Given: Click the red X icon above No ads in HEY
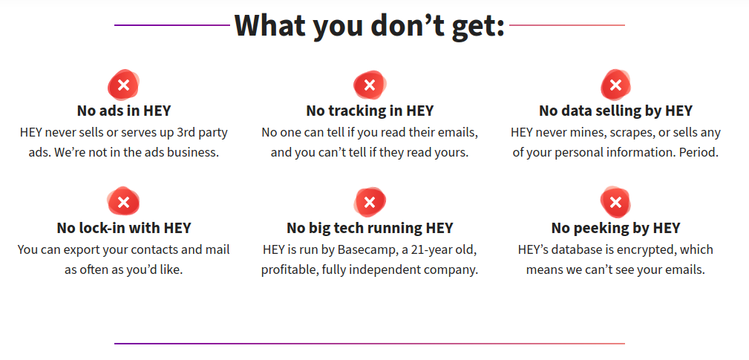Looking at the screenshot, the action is (x=124, y=85).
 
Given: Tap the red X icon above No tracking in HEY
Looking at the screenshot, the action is (x=369, y=85).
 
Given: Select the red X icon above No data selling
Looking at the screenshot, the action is (x=615, y=85).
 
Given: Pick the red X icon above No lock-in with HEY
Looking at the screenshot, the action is (x=124, y=201).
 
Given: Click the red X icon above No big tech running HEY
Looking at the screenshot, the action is (x=369, y=201).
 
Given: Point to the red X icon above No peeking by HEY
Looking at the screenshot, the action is (x=615, y=201).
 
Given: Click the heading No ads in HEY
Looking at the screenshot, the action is (x=124, y=111).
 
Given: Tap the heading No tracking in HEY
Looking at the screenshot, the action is (x=370, y=111).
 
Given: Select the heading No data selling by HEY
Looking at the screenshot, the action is (x=615, y=111).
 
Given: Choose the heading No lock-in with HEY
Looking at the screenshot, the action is (x=124, y=228).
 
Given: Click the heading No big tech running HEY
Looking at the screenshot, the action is (x=370, y=228).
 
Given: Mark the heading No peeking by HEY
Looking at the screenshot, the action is (x=615, y=228).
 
